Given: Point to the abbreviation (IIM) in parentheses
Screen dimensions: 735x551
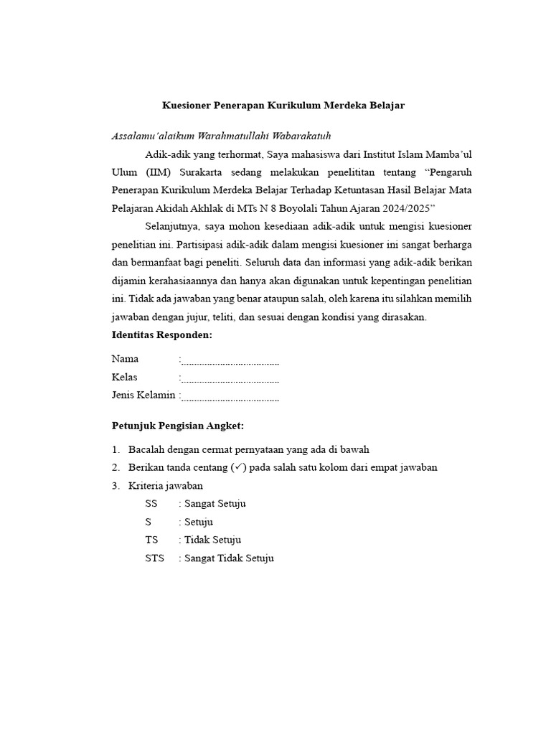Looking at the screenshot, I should [158, 173].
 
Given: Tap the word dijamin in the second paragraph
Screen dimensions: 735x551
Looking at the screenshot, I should [128, 280].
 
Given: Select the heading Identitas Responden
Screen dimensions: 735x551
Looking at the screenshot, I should [161, 335].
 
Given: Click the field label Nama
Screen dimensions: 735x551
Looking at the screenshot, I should [125, 359].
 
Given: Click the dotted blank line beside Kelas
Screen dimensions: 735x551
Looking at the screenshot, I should [230, 378].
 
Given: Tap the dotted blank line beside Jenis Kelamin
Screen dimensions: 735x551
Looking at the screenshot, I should [230, 396].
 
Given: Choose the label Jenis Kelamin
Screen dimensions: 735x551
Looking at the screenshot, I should [143, 395].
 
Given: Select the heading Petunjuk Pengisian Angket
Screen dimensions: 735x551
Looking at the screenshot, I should [178, 426].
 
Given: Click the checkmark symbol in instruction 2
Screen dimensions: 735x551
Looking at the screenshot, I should [239, 467].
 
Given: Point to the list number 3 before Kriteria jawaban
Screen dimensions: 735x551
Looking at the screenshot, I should [115, 486].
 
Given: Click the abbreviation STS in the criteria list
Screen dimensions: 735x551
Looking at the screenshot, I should [154, 558].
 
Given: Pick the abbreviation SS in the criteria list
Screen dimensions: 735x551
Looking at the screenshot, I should [151, 504].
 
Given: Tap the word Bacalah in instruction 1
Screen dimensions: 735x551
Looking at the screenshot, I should [145, 450].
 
